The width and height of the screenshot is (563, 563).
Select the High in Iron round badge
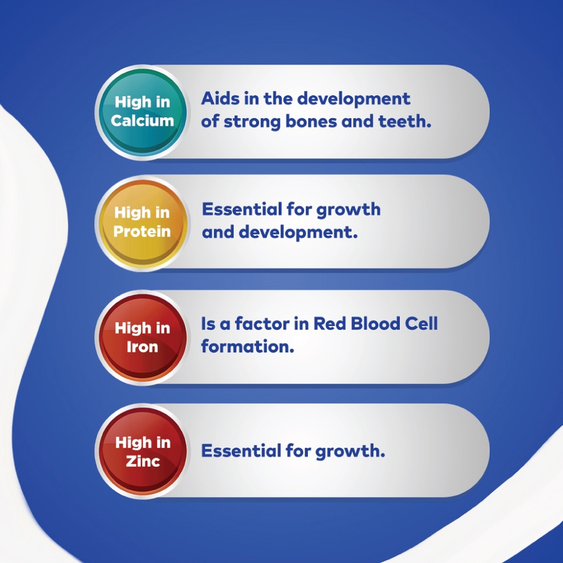tap(142, 337)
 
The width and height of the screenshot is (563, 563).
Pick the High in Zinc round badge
tap(142, 452)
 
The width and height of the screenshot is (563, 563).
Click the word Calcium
tap(142, 120)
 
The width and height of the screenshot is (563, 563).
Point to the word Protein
tap(142, 231)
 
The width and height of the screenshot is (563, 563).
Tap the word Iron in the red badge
tap(142, 347)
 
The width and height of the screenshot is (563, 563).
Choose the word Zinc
tap(143, 462)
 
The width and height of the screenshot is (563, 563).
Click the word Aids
tap(220, 99)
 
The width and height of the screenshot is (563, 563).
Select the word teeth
tap(405, 122)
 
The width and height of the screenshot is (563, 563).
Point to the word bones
tap(311, 122)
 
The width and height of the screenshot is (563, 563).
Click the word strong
tap(252, 122)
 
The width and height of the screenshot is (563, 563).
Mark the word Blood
tap(375, 324)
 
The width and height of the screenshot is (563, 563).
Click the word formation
tap(248, 346)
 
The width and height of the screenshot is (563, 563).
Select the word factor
tap(262, 324)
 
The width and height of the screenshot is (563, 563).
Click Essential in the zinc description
tap(242, 450)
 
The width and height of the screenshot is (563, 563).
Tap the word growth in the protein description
tap(348, 210)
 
